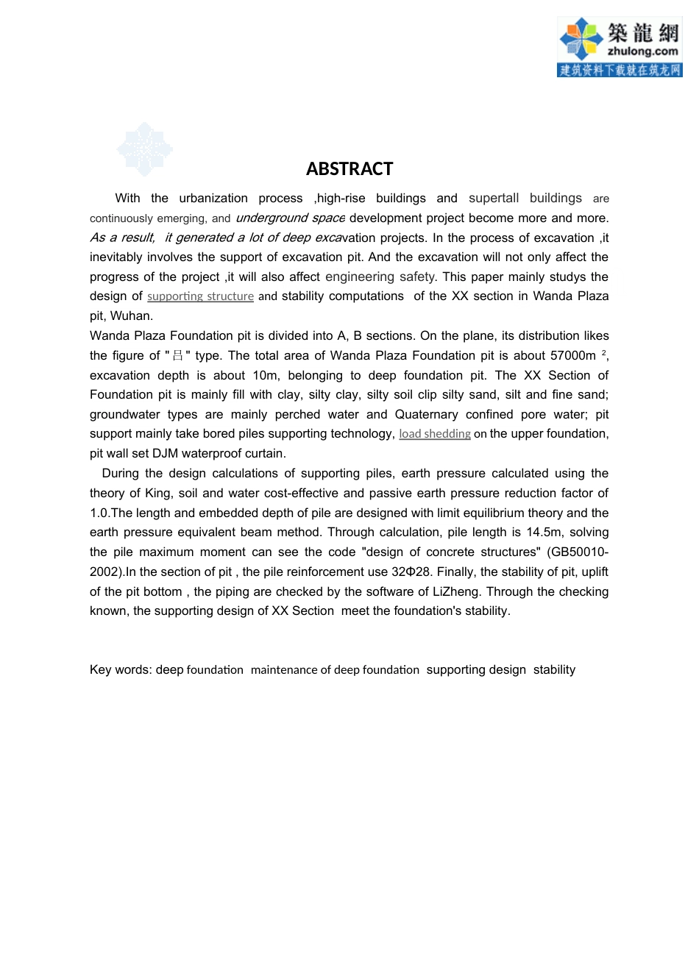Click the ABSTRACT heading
(349, 169)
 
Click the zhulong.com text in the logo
(642, 51)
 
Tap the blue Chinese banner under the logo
(620, 70)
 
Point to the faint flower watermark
(145, 149)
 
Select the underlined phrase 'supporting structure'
(200, 296)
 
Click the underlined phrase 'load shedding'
(435, 434)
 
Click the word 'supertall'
(494, 199)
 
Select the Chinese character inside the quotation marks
(177, 356)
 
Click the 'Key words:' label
(121, 670)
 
